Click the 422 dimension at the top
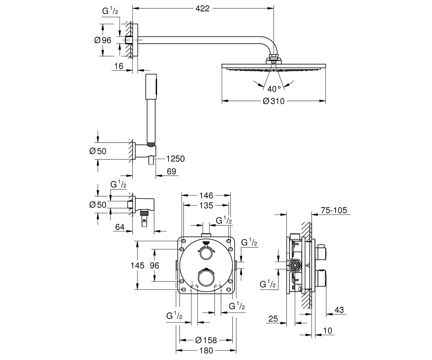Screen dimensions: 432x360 pos(202,9)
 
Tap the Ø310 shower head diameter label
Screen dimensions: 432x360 pos(274,101)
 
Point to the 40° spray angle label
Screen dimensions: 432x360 pos(274,89)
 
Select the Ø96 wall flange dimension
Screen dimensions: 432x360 pos(103,40)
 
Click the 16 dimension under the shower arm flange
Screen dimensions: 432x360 pos(118,66)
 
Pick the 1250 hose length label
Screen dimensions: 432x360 pos(175,159)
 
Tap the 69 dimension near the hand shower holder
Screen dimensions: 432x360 pos(171,171)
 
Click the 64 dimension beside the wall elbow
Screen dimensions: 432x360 pos(120,227)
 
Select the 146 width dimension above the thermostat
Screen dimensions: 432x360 pos(206,195)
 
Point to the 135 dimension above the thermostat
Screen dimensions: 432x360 pos(206,206)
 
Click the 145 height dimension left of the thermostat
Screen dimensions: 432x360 pos(138,265)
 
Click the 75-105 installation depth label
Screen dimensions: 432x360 pos(334,210)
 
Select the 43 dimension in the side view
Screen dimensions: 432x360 pos(339,310)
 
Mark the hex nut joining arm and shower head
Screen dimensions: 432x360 pos(274,56)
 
